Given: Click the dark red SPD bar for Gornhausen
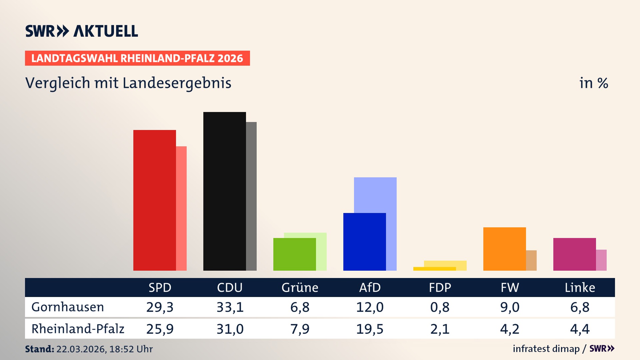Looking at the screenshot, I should point(154,200).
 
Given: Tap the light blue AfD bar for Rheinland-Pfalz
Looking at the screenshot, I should point(375,195).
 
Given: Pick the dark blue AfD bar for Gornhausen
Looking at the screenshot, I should point(364,242).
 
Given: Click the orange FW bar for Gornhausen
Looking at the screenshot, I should point(504,249).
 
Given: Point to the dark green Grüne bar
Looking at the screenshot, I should point(294,254).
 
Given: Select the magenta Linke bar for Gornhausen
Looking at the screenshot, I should point(574,254).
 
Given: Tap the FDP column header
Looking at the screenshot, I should point(440,287).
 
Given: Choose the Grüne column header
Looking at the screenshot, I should point(300,287).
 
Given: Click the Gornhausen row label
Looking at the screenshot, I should point(68,307).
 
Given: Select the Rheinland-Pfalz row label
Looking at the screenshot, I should point(78,329).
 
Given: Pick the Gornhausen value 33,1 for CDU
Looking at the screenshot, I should point(230,307).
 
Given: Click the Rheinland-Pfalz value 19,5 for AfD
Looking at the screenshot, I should point(370,329).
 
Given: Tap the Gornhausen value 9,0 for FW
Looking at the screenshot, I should point(510,307).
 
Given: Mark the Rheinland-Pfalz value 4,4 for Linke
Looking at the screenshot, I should point(580,329).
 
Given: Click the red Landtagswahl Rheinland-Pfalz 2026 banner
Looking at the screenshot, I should point(137,58).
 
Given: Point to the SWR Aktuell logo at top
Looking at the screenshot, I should point(82,31).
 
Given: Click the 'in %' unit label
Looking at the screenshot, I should point(593,83).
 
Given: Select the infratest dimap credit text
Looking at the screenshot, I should point(546,349).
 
